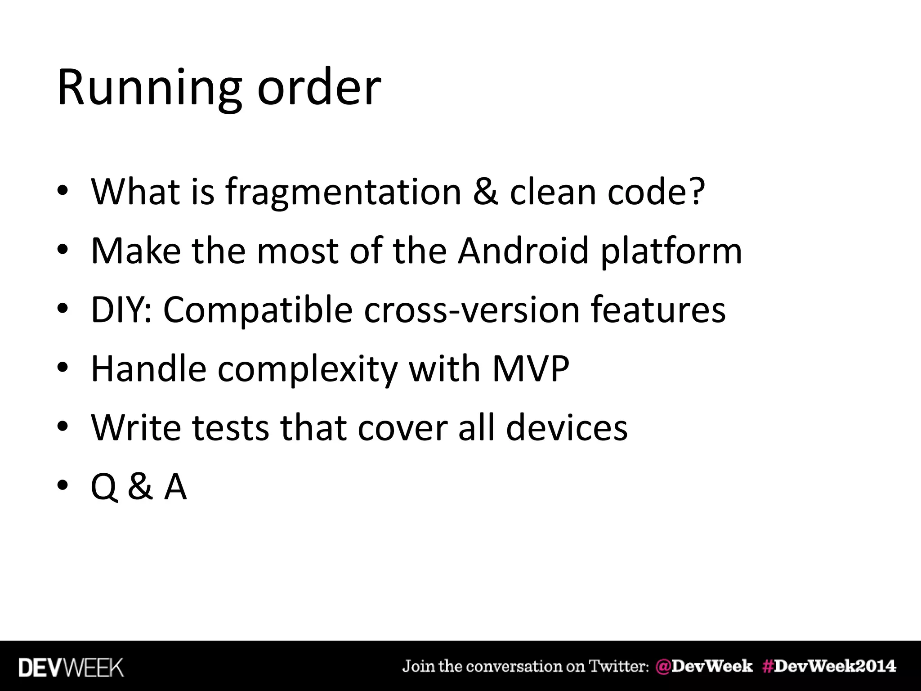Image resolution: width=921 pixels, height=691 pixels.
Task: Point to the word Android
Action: point(523,251)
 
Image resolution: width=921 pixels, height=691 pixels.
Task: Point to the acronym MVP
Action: point(531,369)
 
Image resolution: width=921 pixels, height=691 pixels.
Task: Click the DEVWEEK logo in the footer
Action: point(71,667)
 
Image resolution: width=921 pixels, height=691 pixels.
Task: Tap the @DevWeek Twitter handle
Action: point(704,666)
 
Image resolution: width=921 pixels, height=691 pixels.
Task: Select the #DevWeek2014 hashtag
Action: point(829,666)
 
